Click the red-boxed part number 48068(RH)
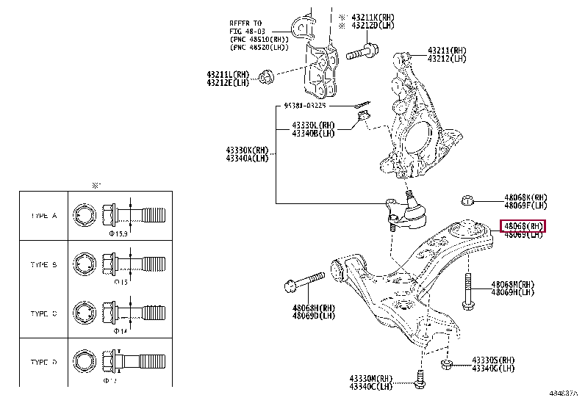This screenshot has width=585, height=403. coord(523,225)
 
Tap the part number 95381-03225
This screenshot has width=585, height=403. coord(315,106)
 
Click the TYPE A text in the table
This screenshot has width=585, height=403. coord(44,216)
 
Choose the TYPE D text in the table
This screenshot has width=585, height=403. coord(44,363)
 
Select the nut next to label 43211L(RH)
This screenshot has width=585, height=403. coord(268,76)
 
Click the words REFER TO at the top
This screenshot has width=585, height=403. coord(247,23)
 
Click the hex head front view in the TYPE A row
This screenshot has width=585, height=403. coord(83,216)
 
